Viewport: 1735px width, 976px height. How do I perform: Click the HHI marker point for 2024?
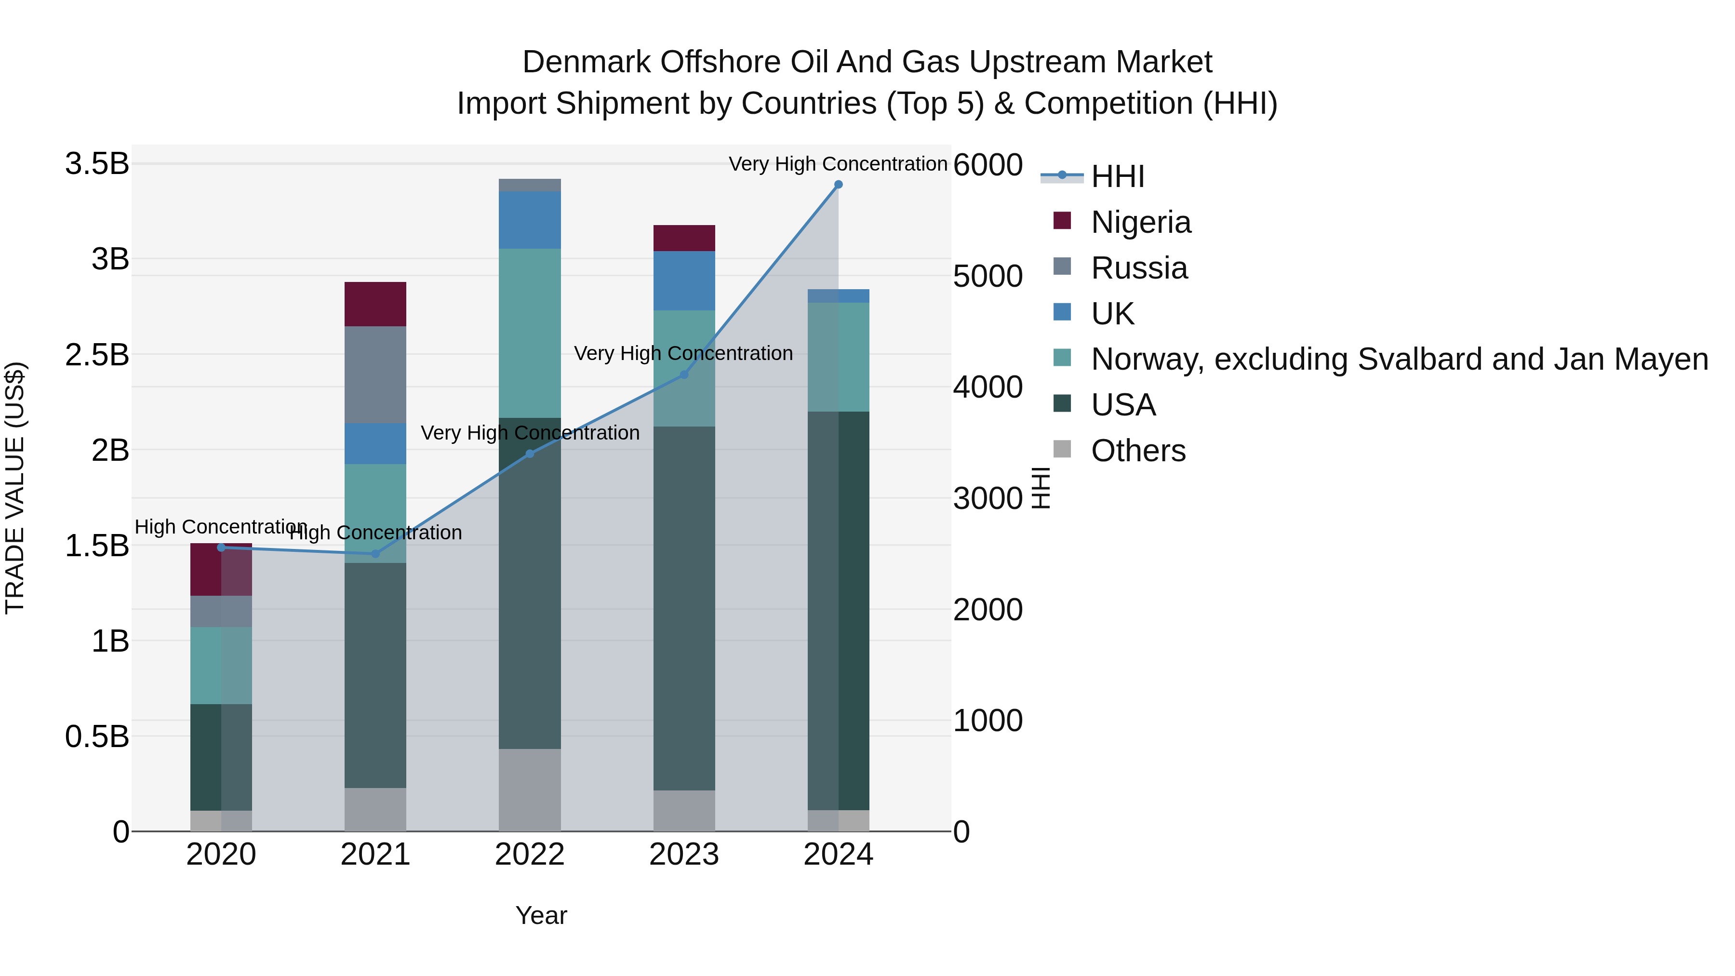point(838,185)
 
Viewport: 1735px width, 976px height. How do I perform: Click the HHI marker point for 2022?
point(529,454)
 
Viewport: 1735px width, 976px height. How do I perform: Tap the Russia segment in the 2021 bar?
point(375,374)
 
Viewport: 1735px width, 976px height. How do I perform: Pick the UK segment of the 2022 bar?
point(529,220)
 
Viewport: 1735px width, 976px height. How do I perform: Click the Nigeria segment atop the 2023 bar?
point(683,238)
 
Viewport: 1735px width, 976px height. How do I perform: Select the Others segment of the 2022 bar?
point(529,789)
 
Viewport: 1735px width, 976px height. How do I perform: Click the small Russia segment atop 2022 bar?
point(529,185)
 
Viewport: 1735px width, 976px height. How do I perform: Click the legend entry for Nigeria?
point(1140,222)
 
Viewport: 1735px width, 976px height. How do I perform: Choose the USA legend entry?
point(1123,405)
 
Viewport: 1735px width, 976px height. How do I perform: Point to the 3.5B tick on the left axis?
point(97,164)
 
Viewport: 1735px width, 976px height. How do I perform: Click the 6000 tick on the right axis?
point(988,165)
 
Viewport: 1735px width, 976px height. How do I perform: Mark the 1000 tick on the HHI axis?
point(988,721)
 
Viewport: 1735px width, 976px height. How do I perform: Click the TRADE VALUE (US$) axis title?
point(15,488)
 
